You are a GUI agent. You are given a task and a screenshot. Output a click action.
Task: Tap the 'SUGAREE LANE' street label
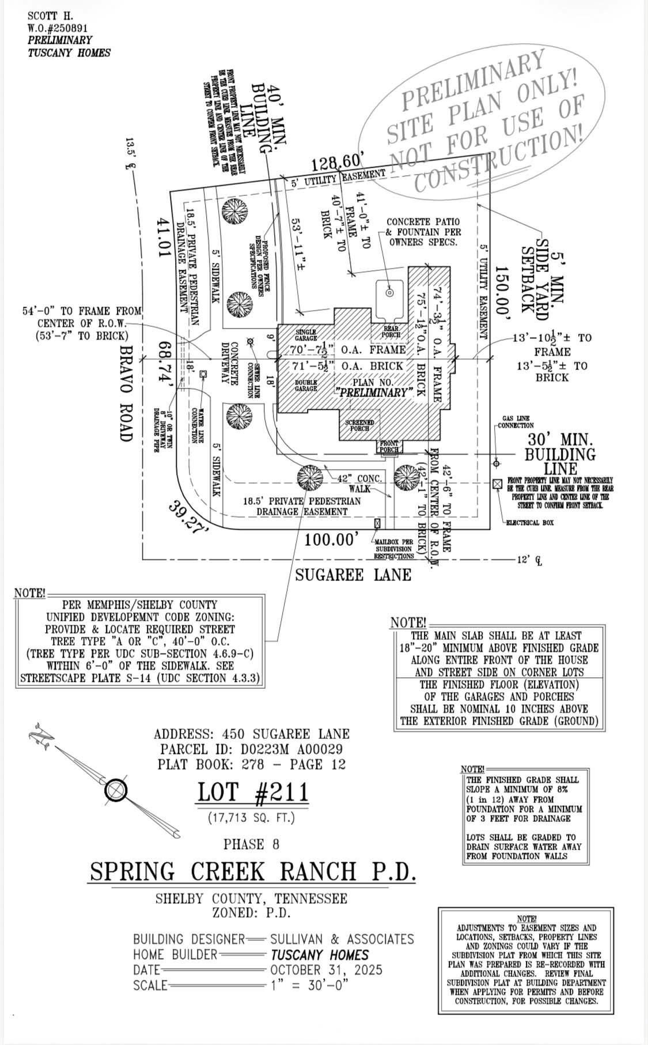point(353,575)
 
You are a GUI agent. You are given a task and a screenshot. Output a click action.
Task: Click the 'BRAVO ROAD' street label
point(126,393)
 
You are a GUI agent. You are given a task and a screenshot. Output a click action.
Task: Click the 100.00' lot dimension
point(332,540)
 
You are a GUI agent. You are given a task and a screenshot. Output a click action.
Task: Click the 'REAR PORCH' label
point(391,331)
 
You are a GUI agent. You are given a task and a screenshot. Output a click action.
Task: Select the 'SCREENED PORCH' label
point(359,425)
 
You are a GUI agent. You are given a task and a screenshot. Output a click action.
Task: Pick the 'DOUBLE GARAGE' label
point(306,386)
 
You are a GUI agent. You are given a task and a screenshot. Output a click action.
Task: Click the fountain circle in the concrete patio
point(389,293)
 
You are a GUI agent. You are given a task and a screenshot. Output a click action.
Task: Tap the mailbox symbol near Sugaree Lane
point(377,523)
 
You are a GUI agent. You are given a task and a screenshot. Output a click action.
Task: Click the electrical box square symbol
point(497,484)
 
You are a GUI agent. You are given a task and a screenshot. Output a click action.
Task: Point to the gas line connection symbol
point(497,463)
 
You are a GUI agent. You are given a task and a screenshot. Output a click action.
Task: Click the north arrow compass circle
point(116,790)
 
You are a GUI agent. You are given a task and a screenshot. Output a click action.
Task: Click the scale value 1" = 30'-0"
point(309,985)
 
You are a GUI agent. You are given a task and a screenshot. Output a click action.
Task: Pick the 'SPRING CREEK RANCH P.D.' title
point(253,872)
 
